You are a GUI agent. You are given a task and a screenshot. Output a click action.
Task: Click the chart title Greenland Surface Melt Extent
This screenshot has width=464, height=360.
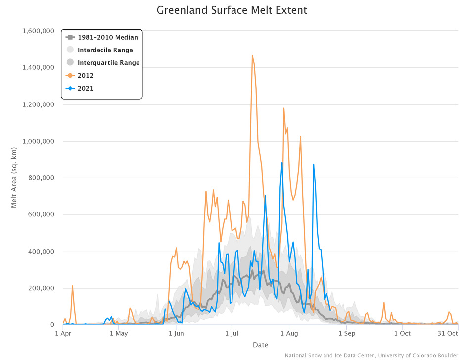click(232, 10)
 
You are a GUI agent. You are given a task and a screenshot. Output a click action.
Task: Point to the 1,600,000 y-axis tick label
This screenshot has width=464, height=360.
click(38, 31)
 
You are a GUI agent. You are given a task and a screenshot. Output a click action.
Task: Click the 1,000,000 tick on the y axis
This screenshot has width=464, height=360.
click(38, 142)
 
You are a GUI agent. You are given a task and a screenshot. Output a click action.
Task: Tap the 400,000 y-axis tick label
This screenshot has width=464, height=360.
click(41, 252)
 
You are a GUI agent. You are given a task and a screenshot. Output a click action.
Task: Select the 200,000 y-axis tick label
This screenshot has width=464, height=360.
click(41, 288)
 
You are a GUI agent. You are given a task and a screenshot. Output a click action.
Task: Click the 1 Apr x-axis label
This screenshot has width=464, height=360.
click(63, 333)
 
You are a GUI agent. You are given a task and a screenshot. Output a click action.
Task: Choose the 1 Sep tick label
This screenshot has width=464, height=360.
click(346, 333)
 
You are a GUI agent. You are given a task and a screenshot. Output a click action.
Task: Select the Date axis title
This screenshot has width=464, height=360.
click(261, 345)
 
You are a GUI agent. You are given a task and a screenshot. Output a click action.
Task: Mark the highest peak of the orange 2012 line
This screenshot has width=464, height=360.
click(252, 56)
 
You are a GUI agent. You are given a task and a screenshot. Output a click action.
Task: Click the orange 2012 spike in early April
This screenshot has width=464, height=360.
click(72, 286)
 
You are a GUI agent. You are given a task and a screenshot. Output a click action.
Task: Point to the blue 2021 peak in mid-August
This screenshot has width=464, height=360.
click(313, 164)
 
